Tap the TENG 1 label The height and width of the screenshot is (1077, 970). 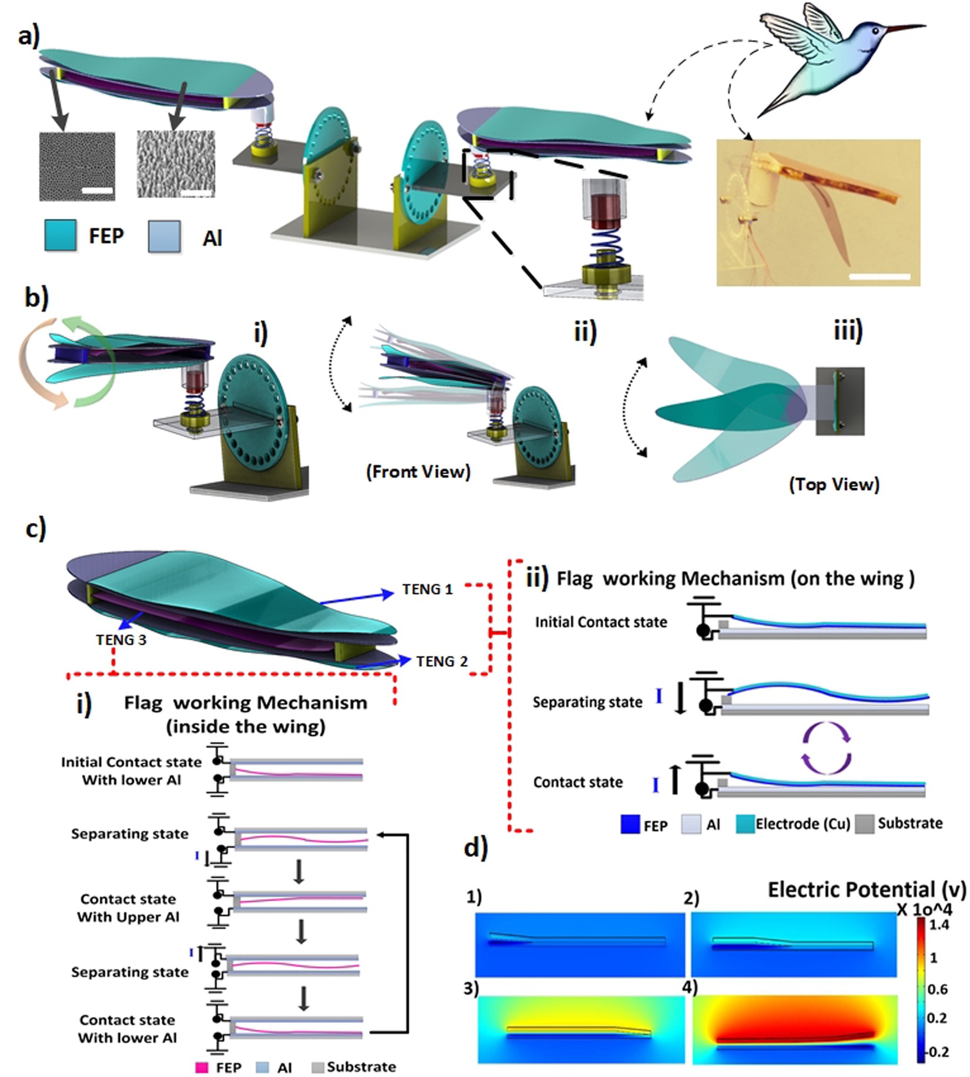427,589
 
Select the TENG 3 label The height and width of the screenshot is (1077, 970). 121,640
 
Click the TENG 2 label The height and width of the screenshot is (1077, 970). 441,662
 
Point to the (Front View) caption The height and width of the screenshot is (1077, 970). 418,472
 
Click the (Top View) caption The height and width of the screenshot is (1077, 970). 834,484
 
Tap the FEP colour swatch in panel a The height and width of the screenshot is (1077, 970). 60,235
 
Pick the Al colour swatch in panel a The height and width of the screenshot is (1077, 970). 164,236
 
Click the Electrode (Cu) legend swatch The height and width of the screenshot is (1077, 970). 745,824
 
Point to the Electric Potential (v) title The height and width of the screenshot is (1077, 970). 866,890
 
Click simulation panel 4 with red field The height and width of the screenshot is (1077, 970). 795,1029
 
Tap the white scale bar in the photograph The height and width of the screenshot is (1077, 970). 879,276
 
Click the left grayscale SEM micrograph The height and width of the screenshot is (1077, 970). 77,166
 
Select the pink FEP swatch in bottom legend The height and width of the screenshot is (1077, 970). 202,1067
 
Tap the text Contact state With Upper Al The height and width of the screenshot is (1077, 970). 128,908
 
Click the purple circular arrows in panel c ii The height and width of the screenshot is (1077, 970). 827,746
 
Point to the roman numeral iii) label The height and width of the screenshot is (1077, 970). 848,331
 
